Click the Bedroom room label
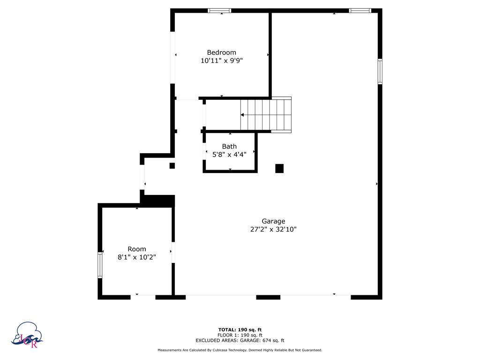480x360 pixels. pos(221,52)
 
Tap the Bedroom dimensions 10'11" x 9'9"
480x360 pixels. pos(222,60)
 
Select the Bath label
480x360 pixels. pos(229,146)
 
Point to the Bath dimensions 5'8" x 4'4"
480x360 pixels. pos(229,155)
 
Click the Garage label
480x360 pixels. pos(273,221)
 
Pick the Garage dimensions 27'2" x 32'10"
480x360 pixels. pos(273,229)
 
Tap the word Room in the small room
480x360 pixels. pos(137,249)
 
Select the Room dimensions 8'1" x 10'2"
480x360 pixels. pos(137,257)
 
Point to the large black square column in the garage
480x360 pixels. pos(279,168)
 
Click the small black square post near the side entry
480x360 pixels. pos(172,165)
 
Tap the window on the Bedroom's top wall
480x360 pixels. pos(219,11)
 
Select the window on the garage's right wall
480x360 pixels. pos(380,71)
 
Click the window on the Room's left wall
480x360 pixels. pos(100,265)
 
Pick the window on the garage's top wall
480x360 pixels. pos(360,11)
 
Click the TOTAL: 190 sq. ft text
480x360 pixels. pos(240,330)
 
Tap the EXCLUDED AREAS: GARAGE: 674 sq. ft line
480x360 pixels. pos(240,340)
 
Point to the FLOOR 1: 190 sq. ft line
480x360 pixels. pos(240,335)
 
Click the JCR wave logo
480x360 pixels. pos(27,335)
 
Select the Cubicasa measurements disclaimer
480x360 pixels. pos(240,350)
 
